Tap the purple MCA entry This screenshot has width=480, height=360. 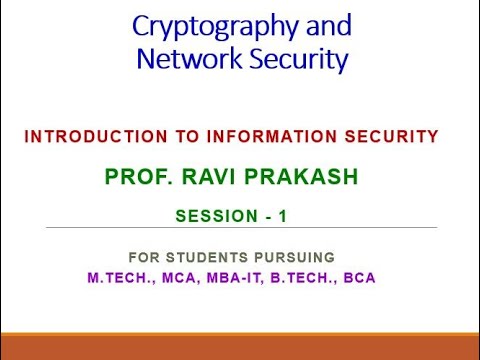[176, 277]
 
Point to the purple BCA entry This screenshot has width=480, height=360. [359, 277]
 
